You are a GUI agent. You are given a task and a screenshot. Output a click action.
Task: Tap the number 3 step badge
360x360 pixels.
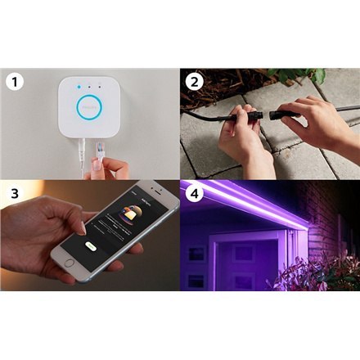pyautogui.click(x=12, y=194)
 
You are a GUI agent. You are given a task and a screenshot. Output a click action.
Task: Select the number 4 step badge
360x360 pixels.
pyautogui.click(x=194, y=194)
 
